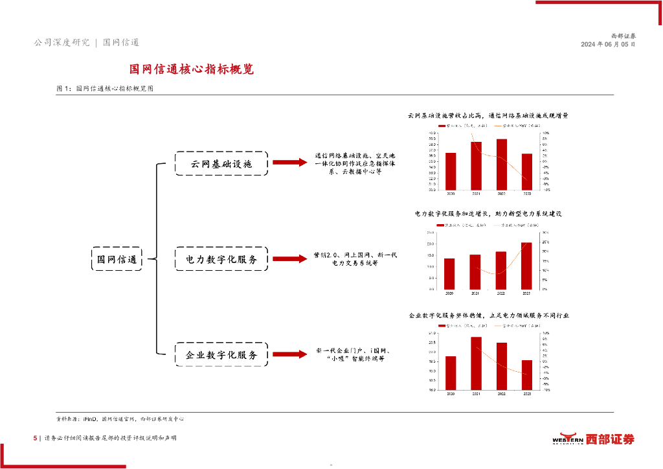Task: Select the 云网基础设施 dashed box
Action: pyautogui.click(x=221, y=164)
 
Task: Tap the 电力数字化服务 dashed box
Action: pyautogui.click(x=221, y=259)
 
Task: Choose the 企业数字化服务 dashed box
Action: pyautogui.click(x=221, y=355)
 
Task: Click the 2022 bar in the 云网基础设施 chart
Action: pyautogui.click(x=501, y=165)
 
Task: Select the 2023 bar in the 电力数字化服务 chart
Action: pyautogui.click(x=526, y=266)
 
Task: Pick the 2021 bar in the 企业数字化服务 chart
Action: pyautogui.click(x=476, y=364)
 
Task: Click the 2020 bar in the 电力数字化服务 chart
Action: pyautogui.click(x=450, y=273)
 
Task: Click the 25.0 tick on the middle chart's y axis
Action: pyautogui.click(x=430, y=233)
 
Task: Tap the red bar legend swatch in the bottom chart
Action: pyautogui.click(x=442, y=325)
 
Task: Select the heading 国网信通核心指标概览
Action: pyautogui.click(x=192, y=69)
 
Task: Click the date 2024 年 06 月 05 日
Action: pyautogui.click(x=608, y=45)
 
